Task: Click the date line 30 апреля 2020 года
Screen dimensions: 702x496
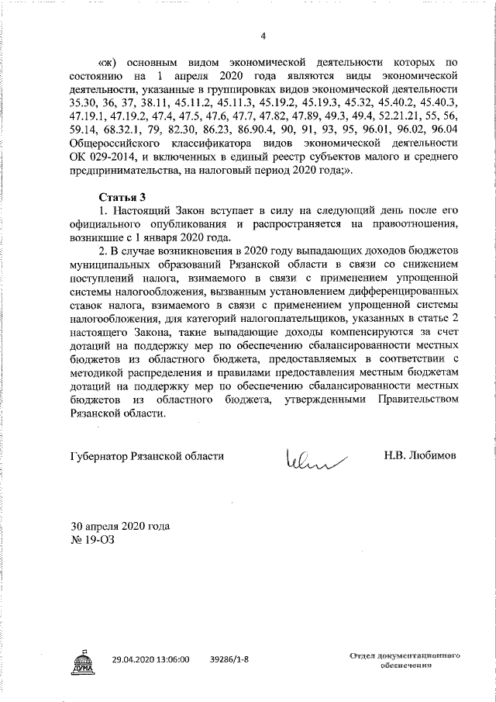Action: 119,526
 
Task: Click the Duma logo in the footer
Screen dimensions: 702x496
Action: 83,659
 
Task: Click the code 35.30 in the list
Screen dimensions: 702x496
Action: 84,102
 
